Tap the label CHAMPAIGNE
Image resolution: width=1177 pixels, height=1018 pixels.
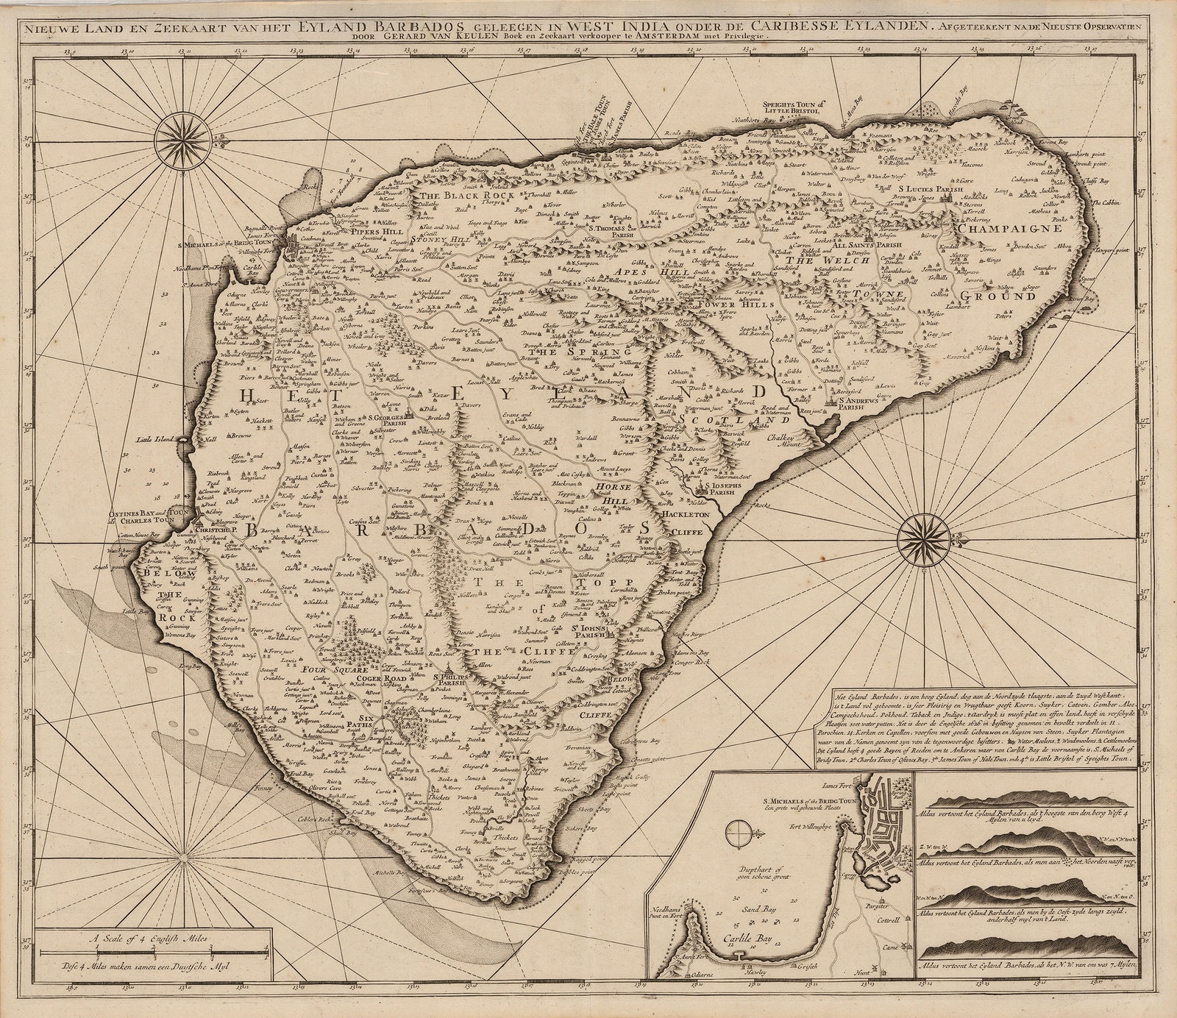1011,229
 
